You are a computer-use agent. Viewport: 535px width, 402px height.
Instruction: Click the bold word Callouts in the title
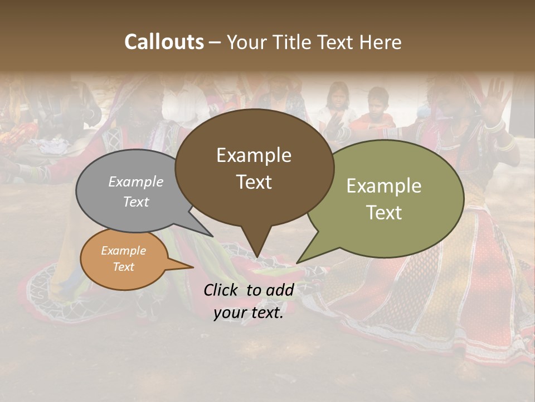click(x=164, y=42)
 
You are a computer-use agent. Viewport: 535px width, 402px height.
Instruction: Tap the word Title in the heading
click(x=295, y=42)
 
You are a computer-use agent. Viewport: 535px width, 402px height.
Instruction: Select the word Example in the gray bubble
click(x=136, y=182)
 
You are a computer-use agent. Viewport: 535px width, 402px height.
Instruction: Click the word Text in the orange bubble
click(x=124, y=267)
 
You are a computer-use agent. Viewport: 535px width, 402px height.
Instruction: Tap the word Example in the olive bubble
click(x=384, y=186)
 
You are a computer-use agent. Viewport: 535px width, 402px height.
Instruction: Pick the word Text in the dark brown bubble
click(x=254, y=182)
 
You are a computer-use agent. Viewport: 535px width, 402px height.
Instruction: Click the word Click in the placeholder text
click(x=222, y=290)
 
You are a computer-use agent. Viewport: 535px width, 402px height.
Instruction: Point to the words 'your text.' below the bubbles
click(x=249, y=313)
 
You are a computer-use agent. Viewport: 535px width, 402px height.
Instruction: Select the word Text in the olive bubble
click(x=385, y=212)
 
